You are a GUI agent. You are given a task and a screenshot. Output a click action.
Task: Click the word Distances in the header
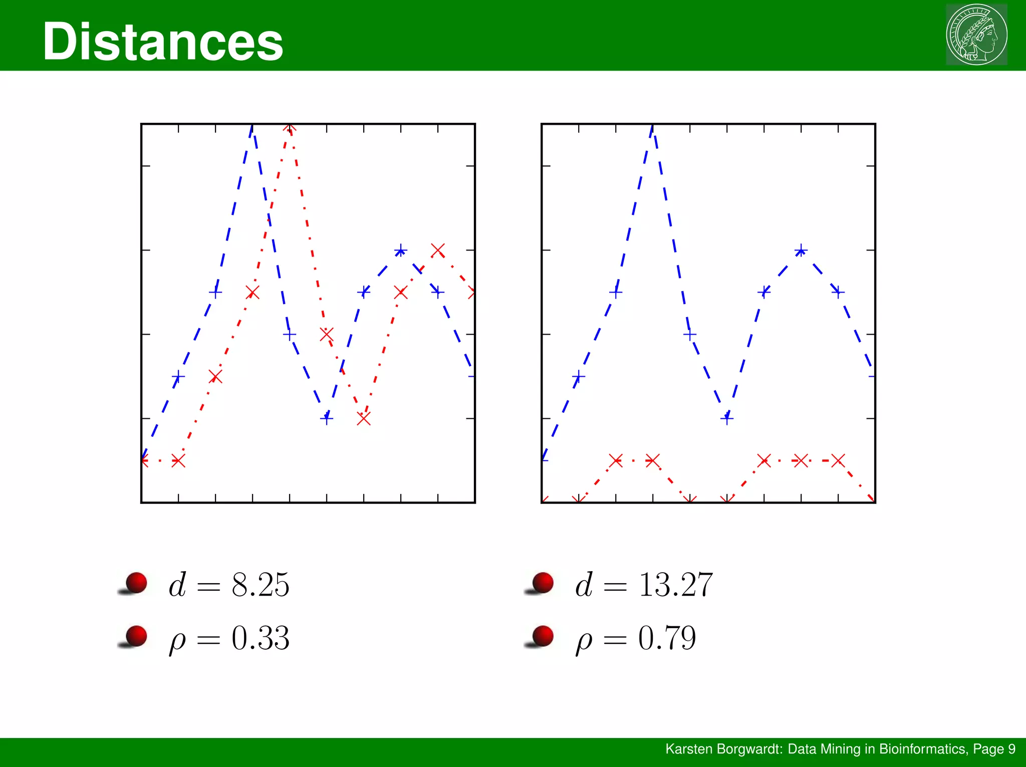163,42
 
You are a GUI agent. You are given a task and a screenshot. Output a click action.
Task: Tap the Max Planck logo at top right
976,35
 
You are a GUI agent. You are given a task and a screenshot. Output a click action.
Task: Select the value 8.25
261,585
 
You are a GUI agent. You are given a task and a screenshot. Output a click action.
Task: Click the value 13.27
675,585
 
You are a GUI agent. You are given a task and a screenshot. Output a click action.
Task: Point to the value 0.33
261,638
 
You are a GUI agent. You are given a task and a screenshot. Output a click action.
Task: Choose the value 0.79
667,638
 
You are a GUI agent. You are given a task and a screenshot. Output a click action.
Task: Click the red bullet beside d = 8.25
136,583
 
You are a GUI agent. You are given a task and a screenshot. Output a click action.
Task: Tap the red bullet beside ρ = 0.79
542,636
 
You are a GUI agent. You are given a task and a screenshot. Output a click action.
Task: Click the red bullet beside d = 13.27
542,583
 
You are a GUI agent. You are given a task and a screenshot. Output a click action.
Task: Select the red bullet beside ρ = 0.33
136,636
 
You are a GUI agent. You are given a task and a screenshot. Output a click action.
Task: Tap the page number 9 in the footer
1011,749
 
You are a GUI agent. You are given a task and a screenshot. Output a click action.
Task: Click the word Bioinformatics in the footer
922,749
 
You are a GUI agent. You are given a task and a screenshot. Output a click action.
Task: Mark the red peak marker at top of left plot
290,127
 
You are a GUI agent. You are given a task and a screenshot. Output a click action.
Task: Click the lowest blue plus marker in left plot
327,418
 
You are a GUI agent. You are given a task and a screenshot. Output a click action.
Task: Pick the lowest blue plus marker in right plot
727,418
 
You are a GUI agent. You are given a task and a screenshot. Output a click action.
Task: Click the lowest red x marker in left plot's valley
364,418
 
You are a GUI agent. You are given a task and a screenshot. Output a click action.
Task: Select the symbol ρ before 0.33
177,641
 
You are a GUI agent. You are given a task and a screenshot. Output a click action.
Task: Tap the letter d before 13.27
584,585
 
